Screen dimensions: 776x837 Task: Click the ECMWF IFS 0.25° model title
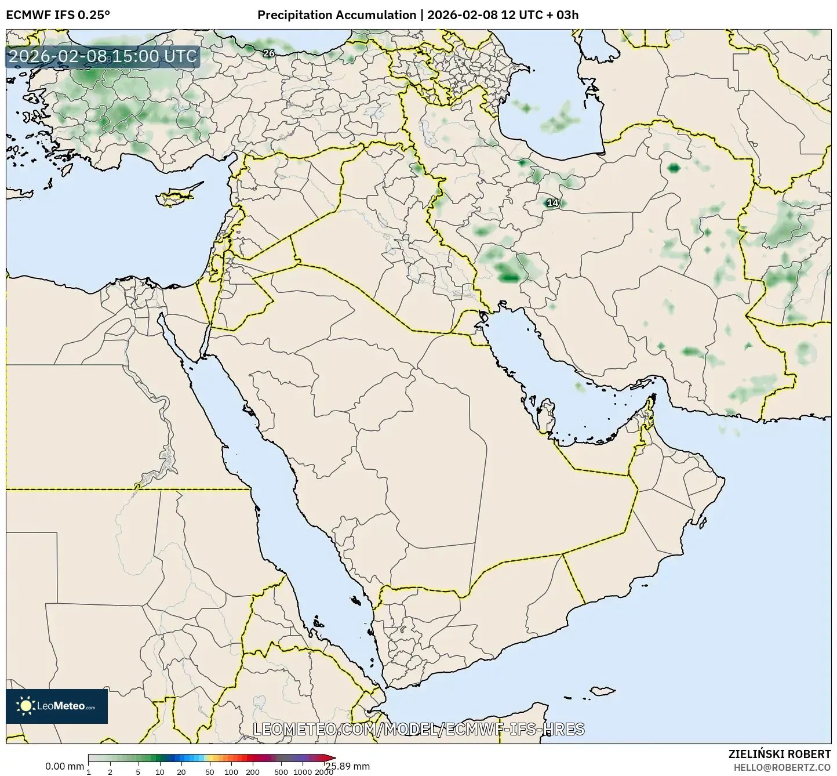tap(58, 15)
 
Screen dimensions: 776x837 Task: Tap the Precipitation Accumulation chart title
tap(418, 15)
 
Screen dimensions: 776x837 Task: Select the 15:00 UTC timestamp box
tap(103, 56)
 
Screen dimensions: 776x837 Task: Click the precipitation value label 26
tap(269, 53)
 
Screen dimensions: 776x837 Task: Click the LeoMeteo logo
tap(57, 706)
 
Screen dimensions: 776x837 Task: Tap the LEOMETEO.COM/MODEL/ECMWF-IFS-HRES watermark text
tap(418, 729)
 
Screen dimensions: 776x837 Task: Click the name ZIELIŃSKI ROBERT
tap(780, 754)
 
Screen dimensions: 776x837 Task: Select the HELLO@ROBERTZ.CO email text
tap(782, 767)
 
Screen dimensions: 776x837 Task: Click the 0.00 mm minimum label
tap(64, 766)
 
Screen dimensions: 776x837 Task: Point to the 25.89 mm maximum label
tap(347, 766)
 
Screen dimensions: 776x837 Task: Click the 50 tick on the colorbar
tap(210, 771)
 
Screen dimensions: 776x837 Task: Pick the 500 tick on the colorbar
tap(281, 771)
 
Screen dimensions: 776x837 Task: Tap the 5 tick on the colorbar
tap(138, 771)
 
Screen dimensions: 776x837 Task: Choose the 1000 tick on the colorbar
tap(303, 771)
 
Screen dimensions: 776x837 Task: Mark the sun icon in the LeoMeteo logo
tap(26, 706)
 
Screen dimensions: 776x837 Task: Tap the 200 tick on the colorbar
tap(253, 771)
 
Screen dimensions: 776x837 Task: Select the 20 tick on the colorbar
tap(181, 771)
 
